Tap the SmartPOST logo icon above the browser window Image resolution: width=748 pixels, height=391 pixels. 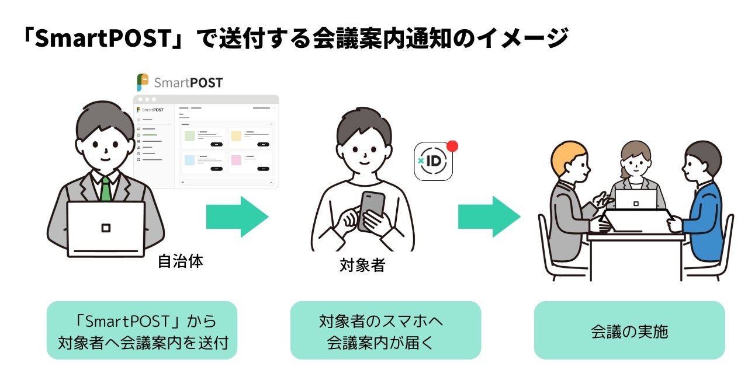142,82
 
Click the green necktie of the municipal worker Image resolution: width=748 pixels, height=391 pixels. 106,188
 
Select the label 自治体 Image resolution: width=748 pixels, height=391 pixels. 181,261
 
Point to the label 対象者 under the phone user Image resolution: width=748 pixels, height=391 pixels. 362,266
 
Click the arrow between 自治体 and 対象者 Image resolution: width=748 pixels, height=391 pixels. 237,217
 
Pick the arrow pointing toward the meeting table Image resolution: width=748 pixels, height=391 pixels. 489,217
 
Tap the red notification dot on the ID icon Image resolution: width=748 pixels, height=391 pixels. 452,146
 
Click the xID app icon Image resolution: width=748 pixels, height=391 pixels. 433,161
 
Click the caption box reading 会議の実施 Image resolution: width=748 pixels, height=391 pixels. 629,330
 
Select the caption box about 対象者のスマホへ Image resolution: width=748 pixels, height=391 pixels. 385,330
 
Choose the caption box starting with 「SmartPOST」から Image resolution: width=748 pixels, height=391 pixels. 141,330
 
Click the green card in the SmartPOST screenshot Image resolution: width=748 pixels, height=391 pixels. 189,136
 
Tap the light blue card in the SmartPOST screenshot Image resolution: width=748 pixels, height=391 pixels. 189,159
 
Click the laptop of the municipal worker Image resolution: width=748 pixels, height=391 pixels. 106,228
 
